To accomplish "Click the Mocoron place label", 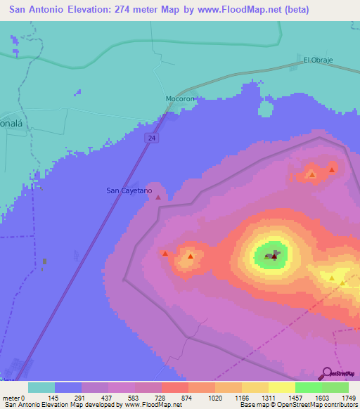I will click(179, 99).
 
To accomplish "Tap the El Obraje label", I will click(316, 60).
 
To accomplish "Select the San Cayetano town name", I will click(129, 190).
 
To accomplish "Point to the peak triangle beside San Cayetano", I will click(158, 197).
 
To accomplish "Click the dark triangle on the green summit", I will click(274, 257).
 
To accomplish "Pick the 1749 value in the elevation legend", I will click(349, 398).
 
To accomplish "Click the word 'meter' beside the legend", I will click(11, 398).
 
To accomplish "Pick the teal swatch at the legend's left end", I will click(41, 387).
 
